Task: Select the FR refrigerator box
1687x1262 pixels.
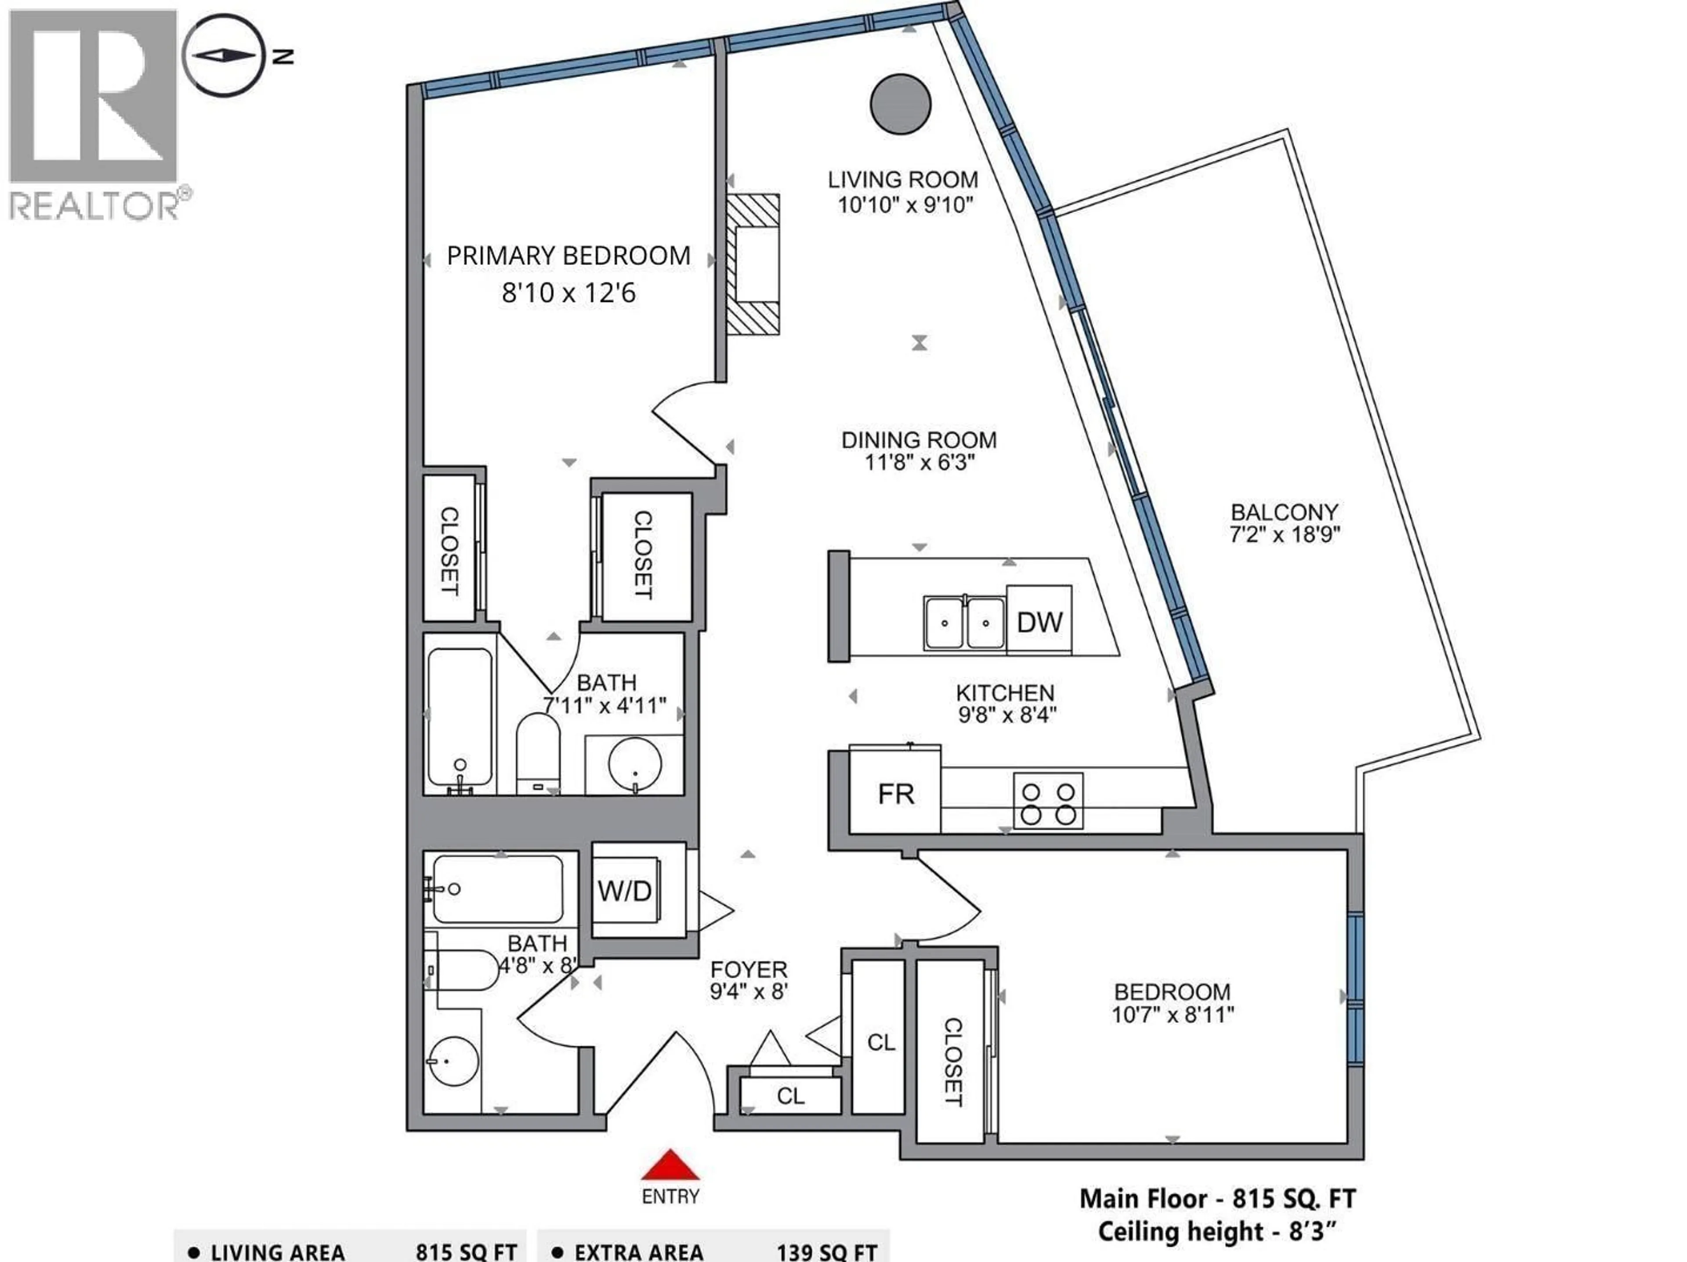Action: [x=895, y=794]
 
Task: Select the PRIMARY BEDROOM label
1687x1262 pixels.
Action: [x=568, y=256]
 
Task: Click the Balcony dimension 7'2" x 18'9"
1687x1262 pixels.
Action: [x=1284, y=534]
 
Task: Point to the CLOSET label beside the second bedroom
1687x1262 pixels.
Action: [x=952, y=1061]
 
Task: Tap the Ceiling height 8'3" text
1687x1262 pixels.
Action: [x=1217, y=1232]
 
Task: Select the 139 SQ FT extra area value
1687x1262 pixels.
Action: [x=827, y=1252]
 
